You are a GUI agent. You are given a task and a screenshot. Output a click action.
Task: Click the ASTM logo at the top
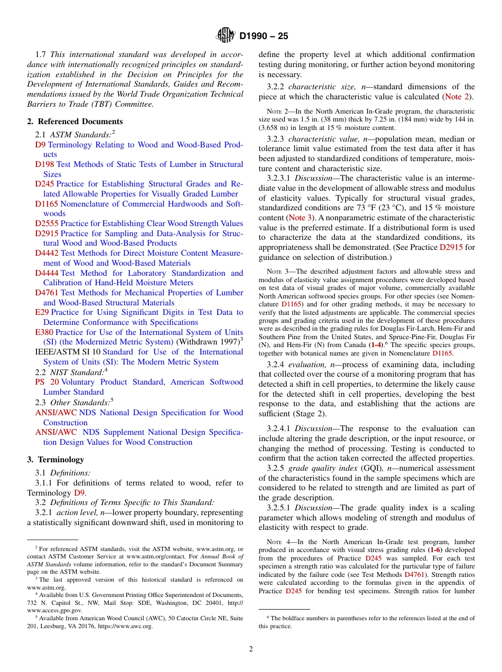[226, 36]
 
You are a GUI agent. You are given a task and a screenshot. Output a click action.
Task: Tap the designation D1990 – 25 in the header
[264, 36]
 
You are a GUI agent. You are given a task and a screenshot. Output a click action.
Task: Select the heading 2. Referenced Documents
[68, 121]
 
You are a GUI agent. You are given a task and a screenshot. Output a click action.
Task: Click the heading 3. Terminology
[55, 460]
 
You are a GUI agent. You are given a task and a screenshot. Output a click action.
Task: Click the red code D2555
[47, 223]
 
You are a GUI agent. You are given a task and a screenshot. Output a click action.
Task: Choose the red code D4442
[47, 253]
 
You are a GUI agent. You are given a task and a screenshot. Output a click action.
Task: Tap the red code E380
[44, 332]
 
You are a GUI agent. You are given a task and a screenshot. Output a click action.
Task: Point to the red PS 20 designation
[47, 382]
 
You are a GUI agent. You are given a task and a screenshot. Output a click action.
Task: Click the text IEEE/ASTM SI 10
[67, 352]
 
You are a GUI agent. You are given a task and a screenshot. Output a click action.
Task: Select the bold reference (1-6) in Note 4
[435, 550]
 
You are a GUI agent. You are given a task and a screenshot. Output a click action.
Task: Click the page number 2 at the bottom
[251, 649]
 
